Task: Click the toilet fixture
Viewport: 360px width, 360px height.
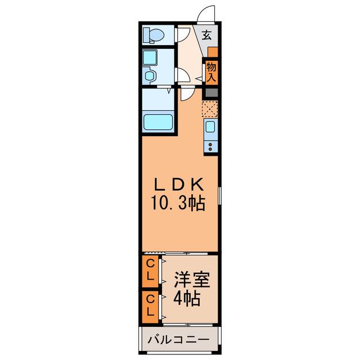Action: click(154, 35)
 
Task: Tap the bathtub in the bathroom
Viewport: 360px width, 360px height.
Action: click(158, 122)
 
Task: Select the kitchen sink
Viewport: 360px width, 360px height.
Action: click(210, 127)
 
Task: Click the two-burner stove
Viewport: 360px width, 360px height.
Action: click(210, 146)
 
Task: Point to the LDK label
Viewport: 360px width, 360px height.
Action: click(179, 184)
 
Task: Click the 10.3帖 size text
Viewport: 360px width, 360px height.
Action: click(178, 204)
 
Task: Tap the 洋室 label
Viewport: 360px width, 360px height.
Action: click(192, 280)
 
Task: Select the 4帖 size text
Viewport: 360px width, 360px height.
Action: click(187, 298)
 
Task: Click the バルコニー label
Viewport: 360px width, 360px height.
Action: click(178, 340)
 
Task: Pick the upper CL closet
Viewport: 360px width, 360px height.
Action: click(150, 271)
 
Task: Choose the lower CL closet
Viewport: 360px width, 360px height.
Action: click(150, 307)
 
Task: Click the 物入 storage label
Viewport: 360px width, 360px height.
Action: click(211, 73)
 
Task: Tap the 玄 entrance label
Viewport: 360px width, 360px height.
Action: click(206, 35)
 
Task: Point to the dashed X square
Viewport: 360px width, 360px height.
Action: click(210, 109)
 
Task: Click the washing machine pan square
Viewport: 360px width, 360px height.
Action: click(150, 57)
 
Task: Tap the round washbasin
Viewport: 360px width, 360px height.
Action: click(150, 75)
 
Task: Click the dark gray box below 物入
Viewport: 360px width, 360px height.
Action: click(211, 93)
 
